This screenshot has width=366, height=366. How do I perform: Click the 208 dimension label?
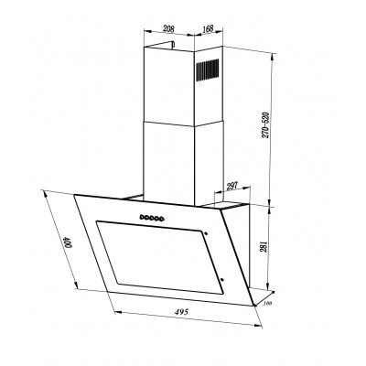tap(168, 29)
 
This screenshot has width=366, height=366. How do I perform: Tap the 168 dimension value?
tap(208, 28)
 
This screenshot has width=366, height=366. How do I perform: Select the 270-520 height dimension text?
tap(265, 125)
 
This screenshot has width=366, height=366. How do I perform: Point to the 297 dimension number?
tap(232, 187)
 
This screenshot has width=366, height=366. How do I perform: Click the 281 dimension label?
tap(264, 246)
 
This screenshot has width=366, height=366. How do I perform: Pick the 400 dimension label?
tap(68, 243)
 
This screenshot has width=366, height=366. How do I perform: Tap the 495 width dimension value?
tap(182, 312)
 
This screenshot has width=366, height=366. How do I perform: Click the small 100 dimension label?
tap(267, 304)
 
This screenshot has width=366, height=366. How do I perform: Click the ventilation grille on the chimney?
tap(207, 70)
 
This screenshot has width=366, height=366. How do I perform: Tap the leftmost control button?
tap(142, 217)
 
